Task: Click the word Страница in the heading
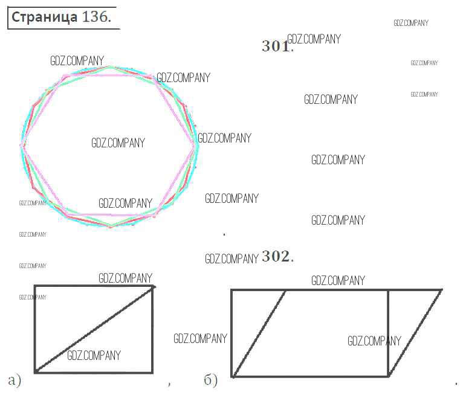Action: (x=44, y=18)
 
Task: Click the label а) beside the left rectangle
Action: (x=15, y=380)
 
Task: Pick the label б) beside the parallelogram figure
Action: (x=211, y=380)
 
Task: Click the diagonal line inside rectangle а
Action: (x=94, y=329)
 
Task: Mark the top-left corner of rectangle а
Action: (x=35, y=286)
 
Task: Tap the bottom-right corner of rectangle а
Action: (x=153, y=372)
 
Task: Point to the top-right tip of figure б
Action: (x=442, y=290)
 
